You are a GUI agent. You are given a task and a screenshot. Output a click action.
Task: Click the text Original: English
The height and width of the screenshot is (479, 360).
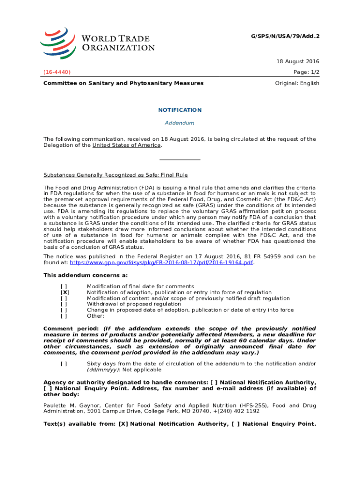[297, 83]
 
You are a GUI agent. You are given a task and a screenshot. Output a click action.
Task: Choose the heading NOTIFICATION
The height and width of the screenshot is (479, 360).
[180, 110]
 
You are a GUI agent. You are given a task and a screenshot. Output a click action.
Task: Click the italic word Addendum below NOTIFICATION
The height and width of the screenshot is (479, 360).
[180, 123]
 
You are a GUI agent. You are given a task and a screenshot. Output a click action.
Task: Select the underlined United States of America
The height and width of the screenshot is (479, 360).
[126, 145]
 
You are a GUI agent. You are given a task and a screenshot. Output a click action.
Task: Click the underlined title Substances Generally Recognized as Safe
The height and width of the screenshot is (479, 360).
[115, 175]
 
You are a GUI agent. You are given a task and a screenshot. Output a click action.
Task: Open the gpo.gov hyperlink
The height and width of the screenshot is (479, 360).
[161, 262]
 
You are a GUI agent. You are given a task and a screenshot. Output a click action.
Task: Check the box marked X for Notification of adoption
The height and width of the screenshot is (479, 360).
[64, 292]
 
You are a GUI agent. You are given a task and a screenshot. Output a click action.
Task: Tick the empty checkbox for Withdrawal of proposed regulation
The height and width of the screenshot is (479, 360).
[64, 304]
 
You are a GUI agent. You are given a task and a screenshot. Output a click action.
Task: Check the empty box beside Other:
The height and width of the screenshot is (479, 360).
[64, 316]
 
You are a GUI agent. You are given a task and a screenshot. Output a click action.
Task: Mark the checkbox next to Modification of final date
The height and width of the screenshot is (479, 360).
[64, 286]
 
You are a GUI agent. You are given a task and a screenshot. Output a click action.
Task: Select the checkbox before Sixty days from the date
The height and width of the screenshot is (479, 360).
[64, 364]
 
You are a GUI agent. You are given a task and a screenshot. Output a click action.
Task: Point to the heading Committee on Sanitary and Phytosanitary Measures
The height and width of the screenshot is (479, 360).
[123, 83]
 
